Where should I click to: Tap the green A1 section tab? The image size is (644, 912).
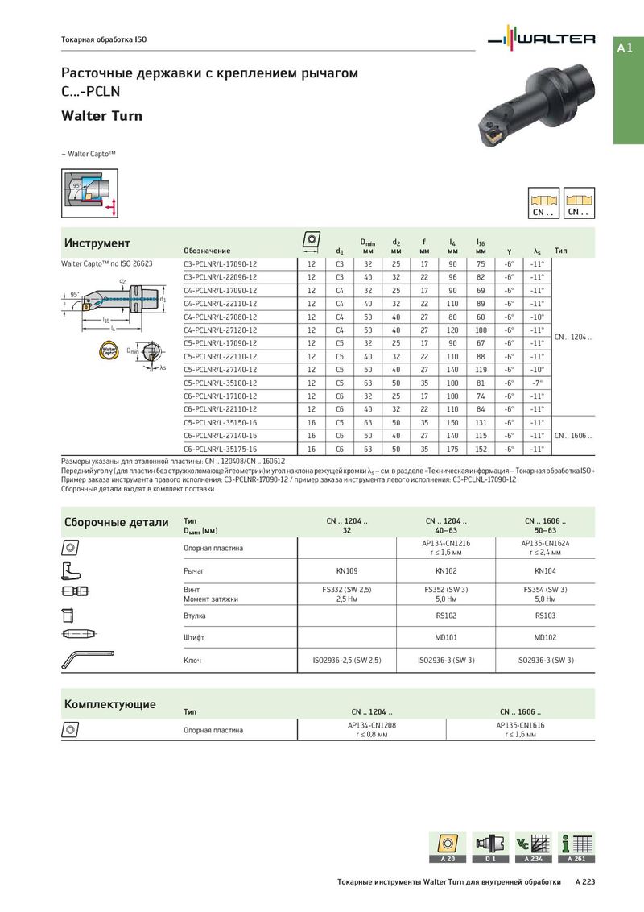click(625, 48)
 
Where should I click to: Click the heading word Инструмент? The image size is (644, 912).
click(97, 243)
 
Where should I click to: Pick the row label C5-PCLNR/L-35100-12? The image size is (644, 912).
click(221, 383)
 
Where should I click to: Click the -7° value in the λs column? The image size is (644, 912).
click(537, 383)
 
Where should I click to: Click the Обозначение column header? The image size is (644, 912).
click(207, 251)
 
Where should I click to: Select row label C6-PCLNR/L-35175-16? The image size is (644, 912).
click(221, 449)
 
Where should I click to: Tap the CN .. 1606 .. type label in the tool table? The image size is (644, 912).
click(572, 436)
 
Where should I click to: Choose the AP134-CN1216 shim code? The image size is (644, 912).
click(446, 544)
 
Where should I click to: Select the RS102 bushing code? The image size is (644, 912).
click(446, 615)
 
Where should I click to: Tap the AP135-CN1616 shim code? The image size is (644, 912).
click(519, 725)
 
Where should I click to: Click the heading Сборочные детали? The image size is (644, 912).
click(117, 522)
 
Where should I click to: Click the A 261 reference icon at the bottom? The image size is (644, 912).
click(576, 848)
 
